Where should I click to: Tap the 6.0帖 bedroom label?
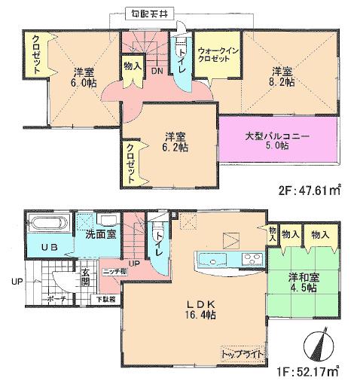82,78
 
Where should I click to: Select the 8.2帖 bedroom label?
282,78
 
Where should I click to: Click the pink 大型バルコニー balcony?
277,140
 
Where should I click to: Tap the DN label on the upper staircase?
157,71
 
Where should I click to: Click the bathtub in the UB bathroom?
48,224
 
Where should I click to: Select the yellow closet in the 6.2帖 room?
133,163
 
